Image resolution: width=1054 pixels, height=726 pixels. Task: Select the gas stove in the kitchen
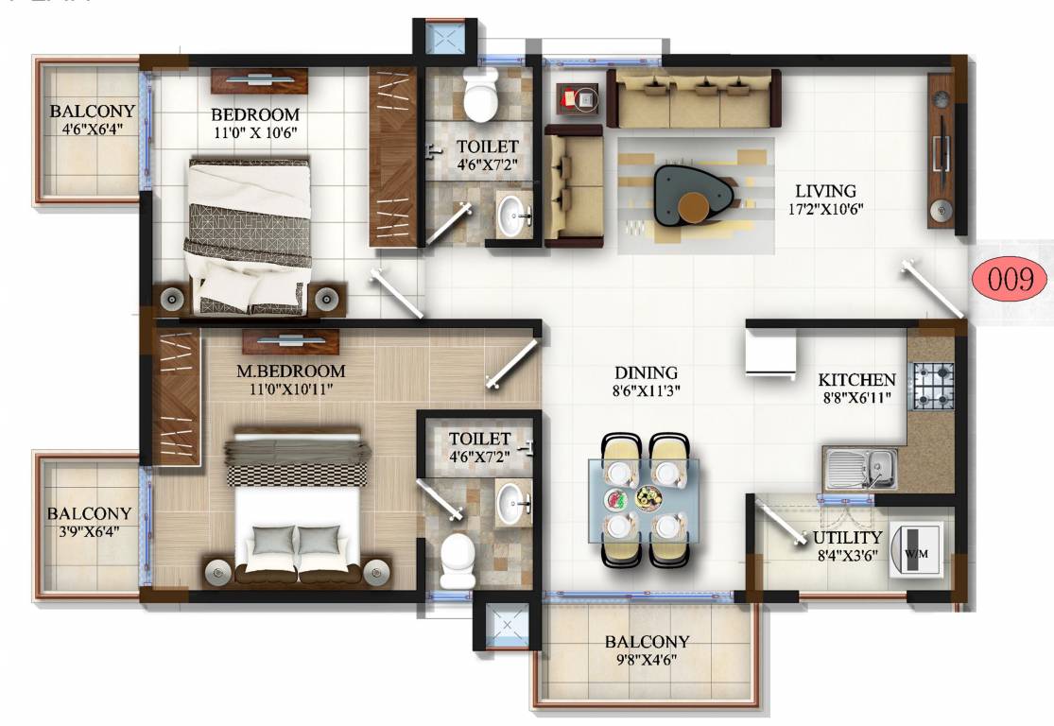932,384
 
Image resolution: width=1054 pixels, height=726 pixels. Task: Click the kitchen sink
860,466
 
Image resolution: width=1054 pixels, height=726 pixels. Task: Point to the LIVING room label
824,191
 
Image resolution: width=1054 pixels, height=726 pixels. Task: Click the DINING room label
646,372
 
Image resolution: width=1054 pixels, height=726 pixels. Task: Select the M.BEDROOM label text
290,371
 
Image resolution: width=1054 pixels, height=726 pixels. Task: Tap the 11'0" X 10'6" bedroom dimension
255,132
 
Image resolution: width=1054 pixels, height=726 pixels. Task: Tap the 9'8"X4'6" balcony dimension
648,660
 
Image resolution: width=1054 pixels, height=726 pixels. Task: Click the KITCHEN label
856,380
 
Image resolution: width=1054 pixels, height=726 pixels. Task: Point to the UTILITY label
847,538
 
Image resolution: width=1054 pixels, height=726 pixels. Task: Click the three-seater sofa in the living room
696,99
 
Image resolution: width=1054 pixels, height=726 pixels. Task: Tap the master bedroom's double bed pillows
296,540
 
